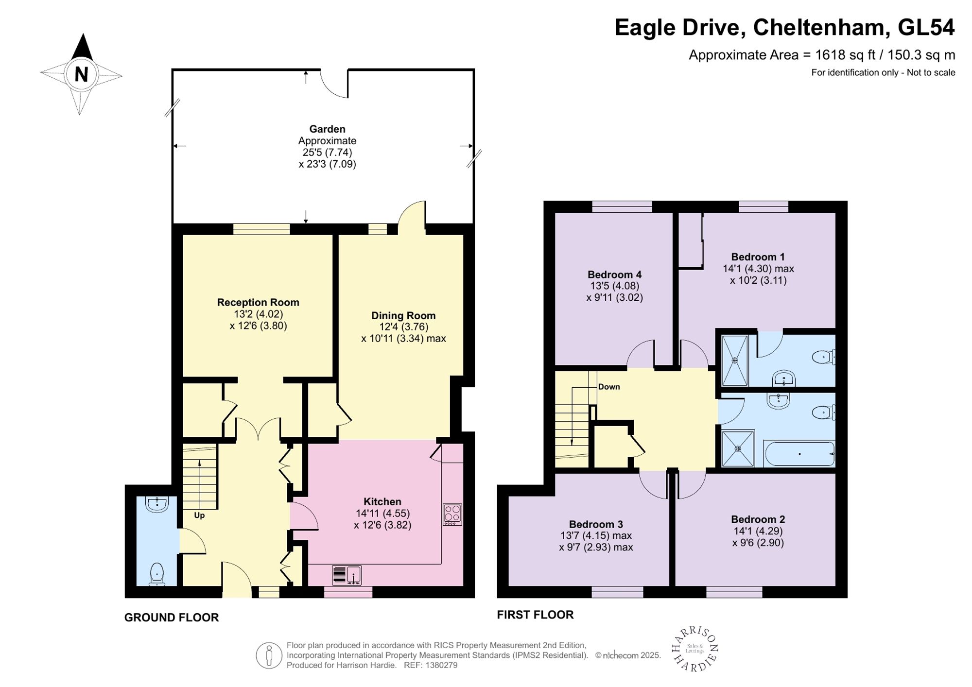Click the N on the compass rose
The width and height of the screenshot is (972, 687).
point(81,74)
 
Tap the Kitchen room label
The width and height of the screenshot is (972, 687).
point(382,501)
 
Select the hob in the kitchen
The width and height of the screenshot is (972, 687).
point(452,515)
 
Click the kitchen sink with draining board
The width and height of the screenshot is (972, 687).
point(347,575)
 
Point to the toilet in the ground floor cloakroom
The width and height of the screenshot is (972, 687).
point(156,574)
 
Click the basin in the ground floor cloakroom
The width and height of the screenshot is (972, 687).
point(156,504)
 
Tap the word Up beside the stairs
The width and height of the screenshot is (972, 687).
point(199,515)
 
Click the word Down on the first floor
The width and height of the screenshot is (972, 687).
point(609,387)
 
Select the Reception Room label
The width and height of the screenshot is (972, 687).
point(258,302)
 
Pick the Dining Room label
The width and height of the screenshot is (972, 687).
point(403,315)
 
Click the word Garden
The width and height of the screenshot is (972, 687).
point(327,129)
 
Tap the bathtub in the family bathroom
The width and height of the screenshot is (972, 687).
point(799,454)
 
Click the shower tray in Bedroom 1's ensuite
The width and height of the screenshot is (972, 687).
point(735,360)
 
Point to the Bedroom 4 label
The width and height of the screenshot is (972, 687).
point(615,275)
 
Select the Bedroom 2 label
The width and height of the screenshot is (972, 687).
point(758,519)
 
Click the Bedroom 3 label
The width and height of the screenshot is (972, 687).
point(596,524)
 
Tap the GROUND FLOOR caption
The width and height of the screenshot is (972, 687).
point(172,618)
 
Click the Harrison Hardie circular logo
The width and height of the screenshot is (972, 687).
point(695,650)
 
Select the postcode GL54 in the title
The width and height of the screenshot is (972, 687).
point(926,27)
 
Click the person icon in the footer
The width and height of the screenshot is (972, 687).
point(269,655)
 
